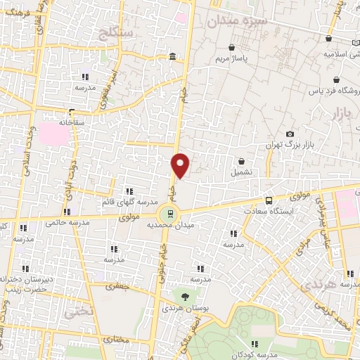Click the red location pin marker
coord(181,165)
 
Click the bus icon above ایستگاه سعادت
coord(269,200)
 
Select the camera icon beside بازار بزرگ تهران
coord(290,134)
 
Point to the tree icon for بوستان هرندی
coord(184,296)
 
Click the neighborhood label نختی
coord(77,309)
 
